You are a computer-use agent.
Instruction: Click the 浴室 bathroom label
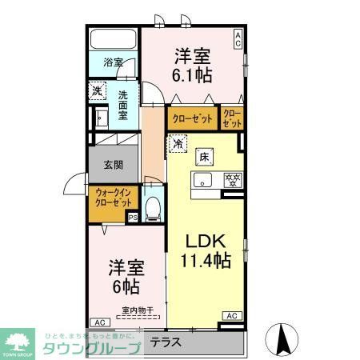coord(113,62)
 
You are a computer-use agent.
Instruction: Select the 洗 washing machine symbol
coord(97,91)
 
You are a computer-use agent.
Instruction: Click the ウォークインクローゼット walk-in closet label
coord(114,197)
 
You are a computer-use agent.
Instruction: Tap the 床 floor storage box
coord(204,158)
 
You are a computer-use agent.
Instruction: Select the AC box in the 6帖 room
coord(98,322)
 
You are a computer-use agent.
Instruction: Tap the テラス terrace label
coord(166,342)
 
